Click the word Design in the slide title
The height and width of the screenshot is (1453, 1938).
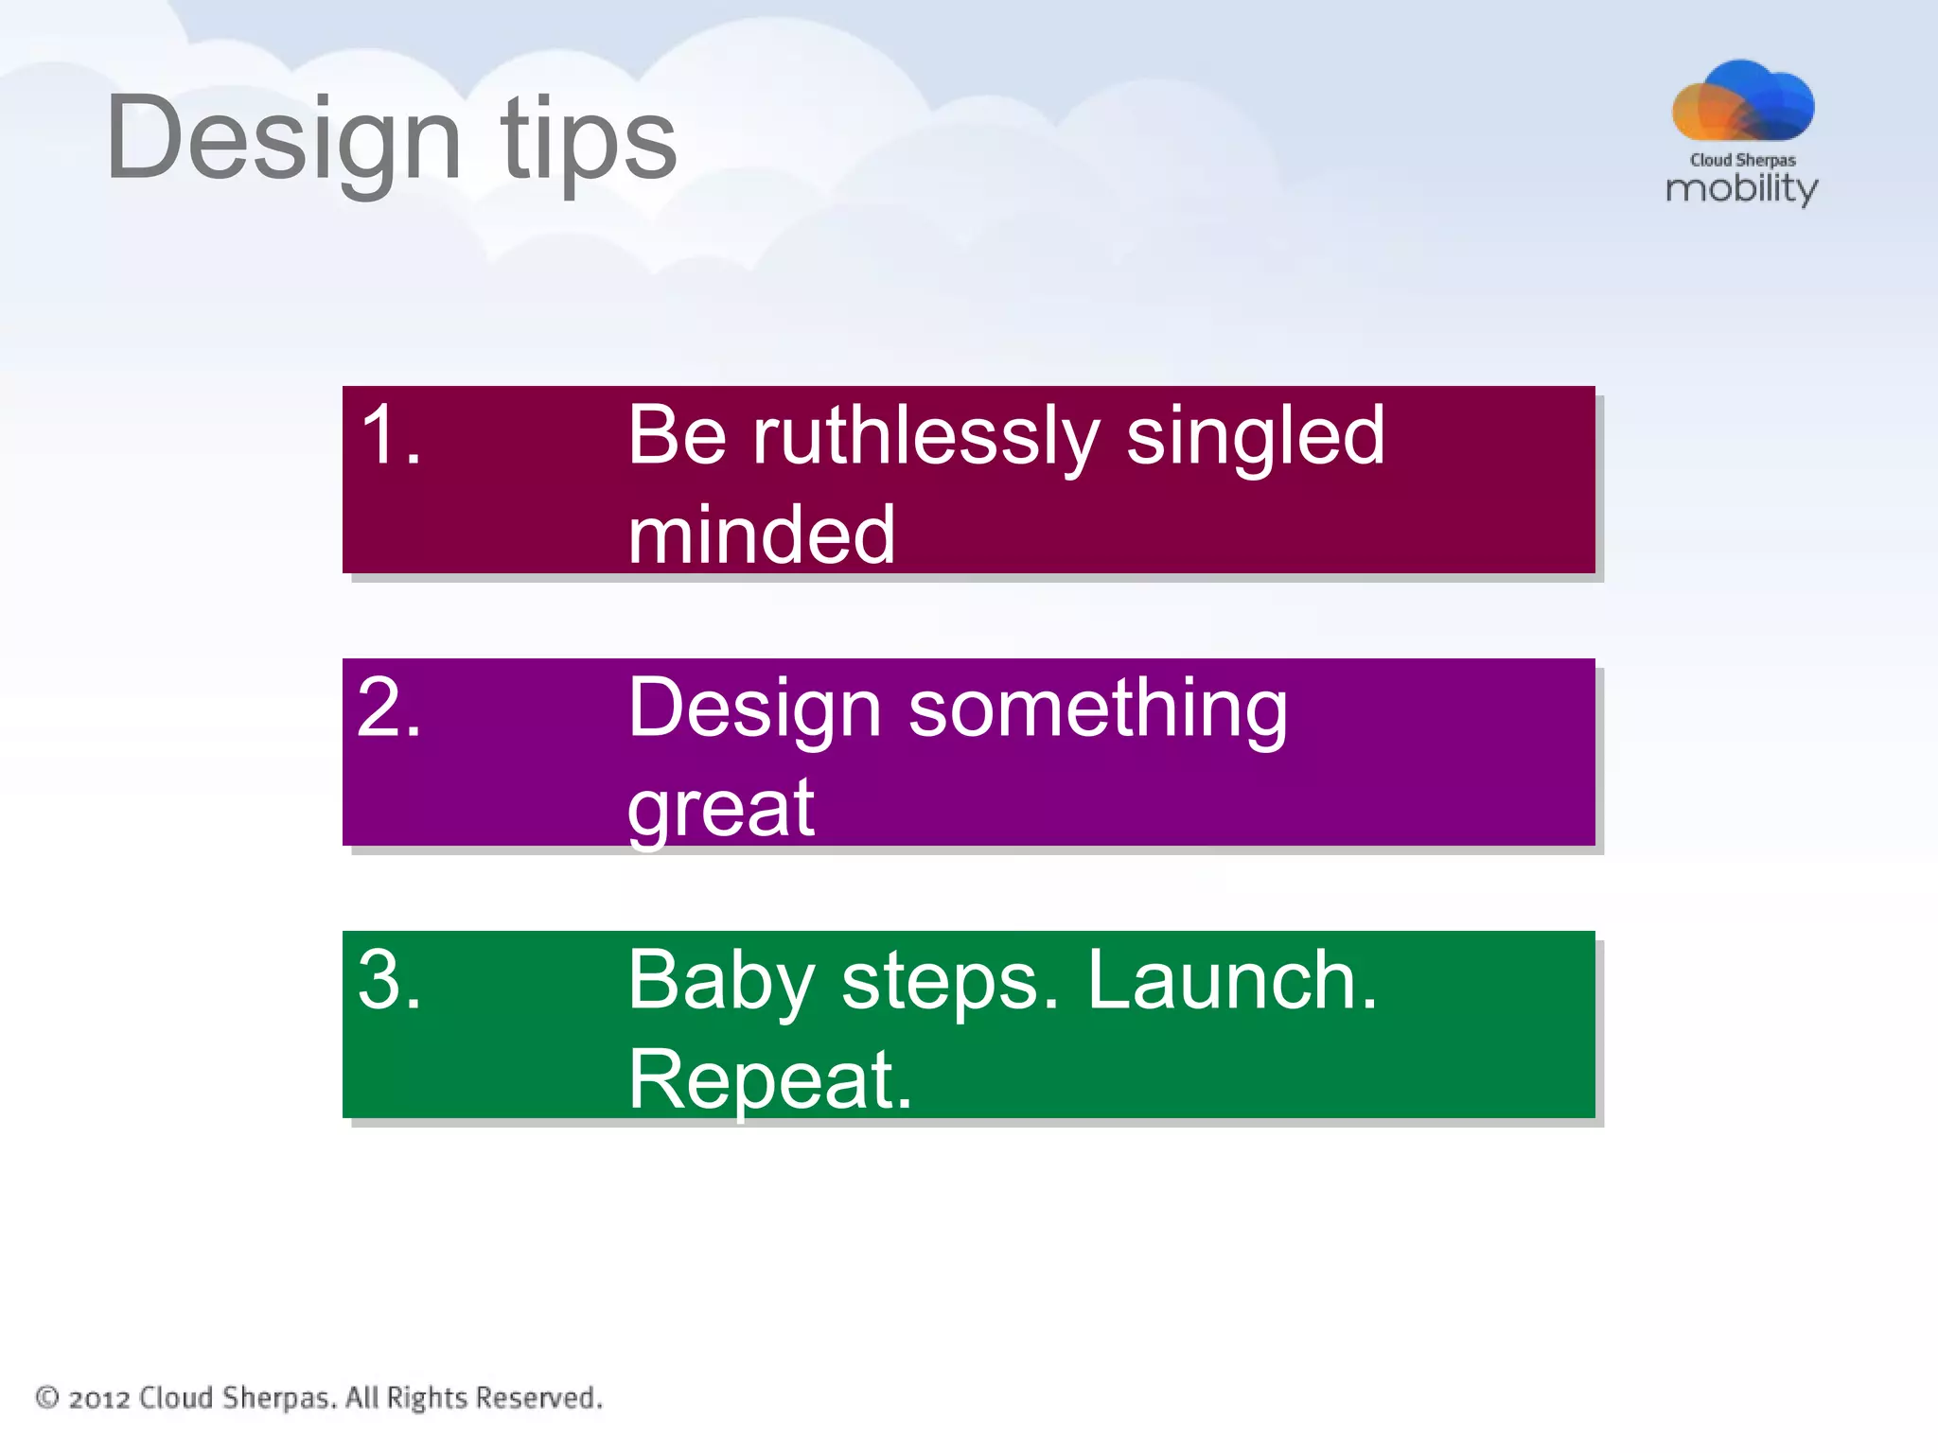[284, 140]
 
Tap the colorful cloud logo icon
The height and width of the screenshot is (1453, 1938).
[1742, 101]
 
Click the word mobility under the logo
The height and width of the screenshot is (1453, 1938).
[1741, 188]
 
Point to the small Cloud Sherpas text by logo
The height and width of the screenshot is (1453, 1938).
[1742, 160]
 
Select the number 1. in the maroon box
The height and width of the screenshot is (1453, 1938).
[391, 434]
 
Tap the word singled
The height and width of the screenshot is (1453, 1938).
[1255, 437]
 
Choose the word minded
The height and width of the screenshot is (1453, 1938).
[761, 535]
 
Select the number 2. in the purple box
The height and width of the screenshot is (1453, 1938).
[389, 707]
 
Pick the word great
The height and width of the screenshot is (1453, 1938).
[720, 809]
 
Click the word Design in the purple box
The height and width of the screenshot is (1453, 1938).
[754, 709]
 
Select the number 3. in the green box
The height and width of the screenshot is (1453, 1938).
[389, 979]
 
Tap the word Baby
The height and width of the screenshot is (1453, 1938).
[720, 982]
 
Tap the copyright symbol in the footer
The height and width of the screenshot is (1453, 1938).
[47, 1397]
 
